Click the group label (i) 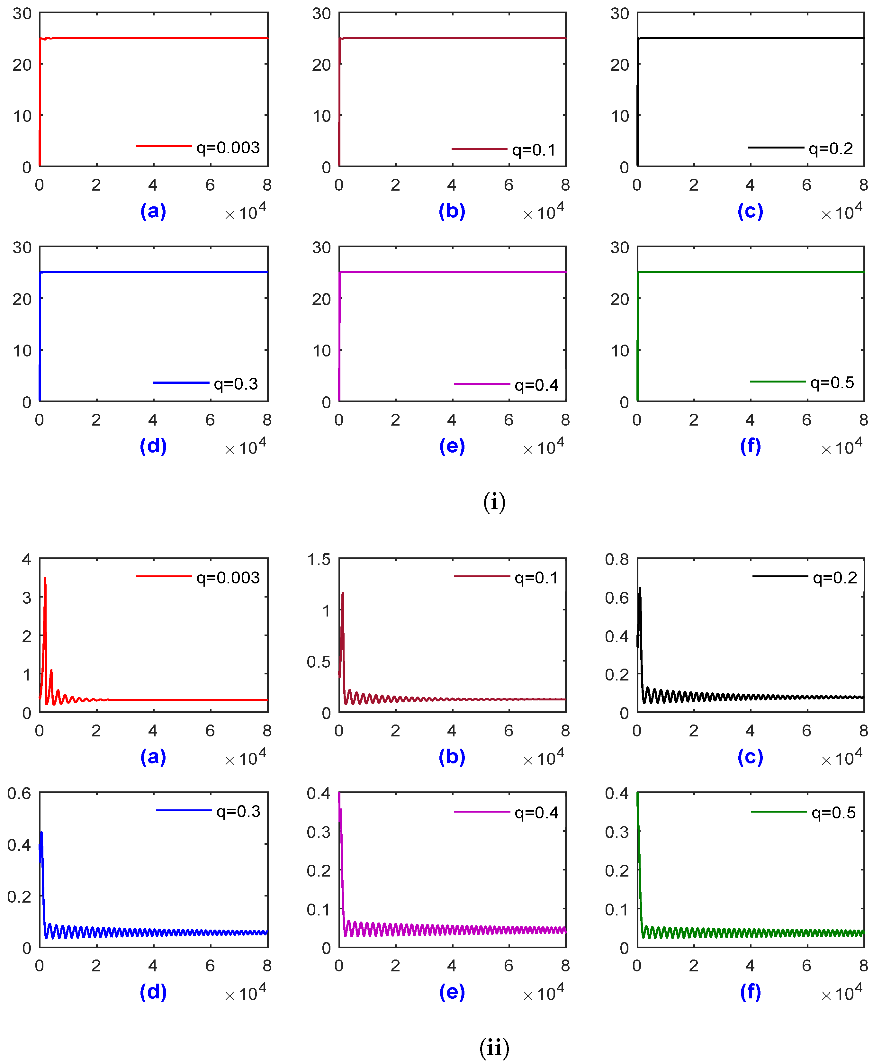(x=494, y=502)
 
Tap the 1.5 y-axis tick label (x=319, y=559)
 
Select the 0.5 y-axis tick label (x=319, y=662)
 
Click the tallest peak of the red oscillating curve (x=45, y=578)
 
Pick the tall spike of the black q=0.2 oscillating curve (x=640, y=588)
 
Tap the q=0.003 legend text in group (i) (x=228, y=147)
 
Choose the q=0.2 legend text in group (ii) (x=835, y=578)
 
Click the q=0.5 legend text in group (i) (x=832, y=383)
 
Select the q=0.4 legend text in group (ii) (x=536, y=813)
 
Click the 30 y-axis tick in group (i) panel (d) (x=22, y=248)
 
